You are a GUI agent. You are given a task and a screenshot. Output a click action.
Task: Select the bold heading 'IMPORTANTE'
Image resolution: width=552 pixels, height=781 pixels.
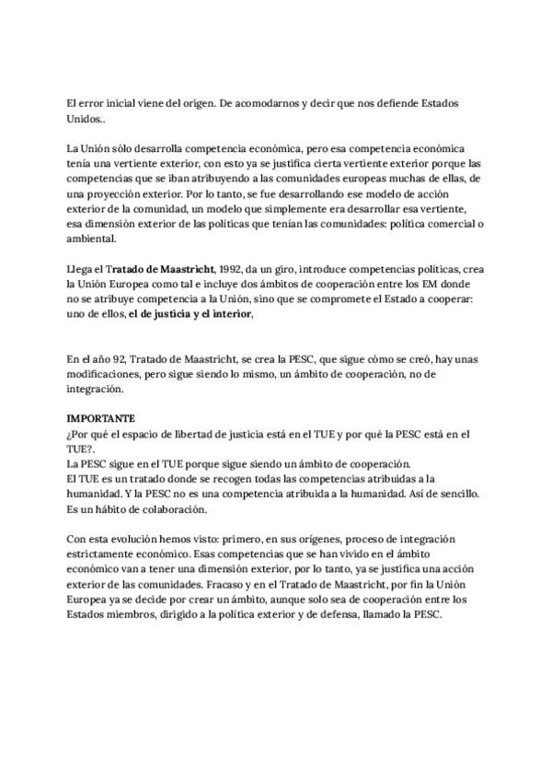102,417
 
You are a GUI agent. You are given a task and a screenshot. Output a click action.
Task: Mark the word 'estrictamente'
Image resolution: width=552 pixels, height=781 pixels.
105,554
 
